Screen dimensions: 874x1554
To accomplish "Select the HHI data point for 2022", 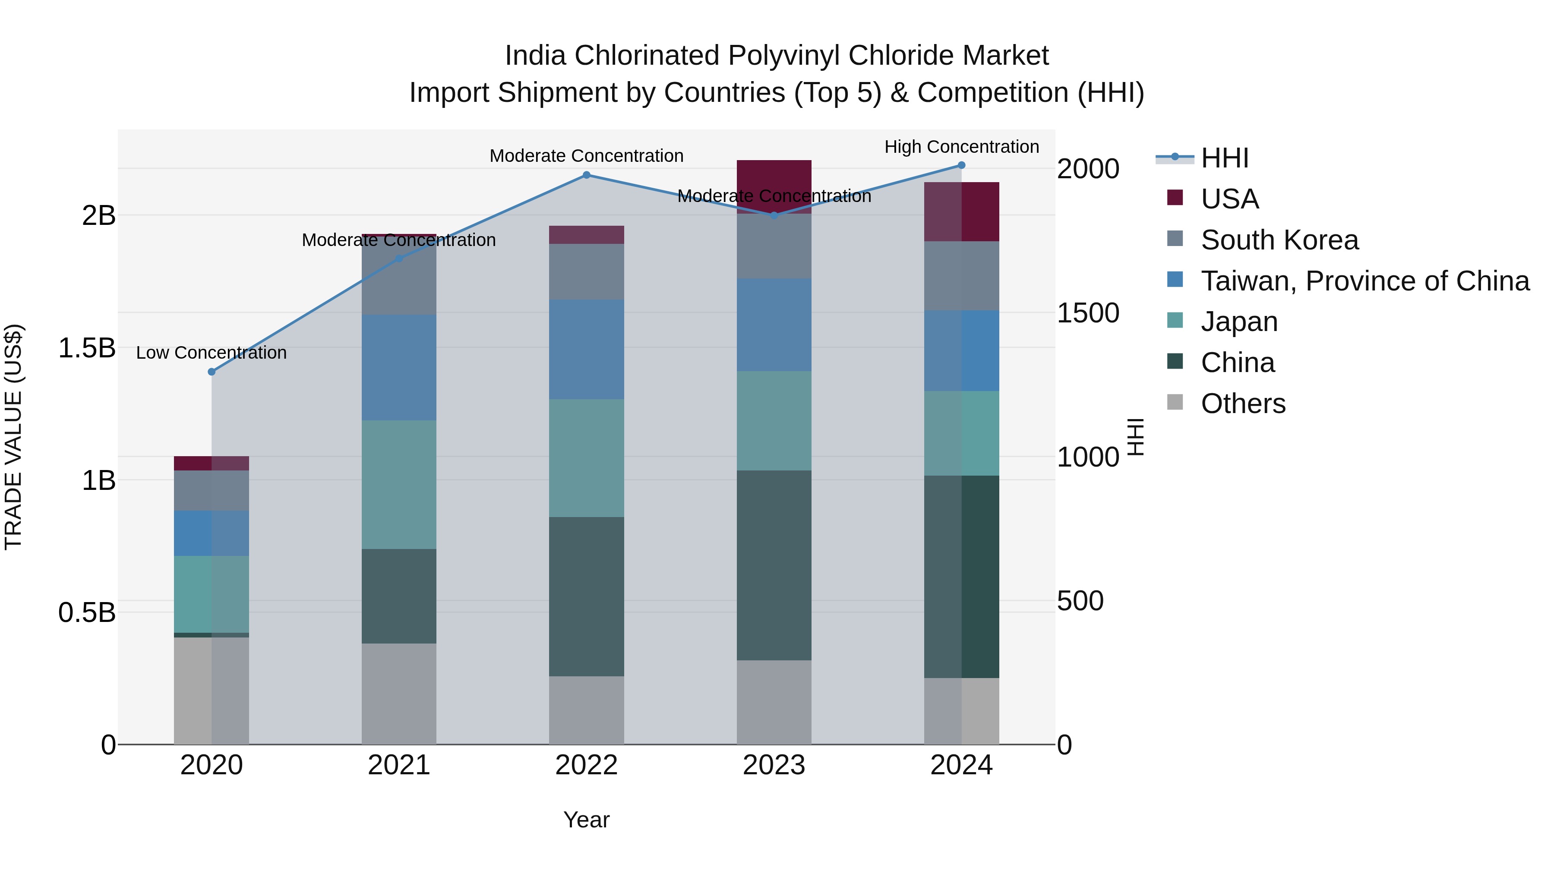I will click(x=586, y=175).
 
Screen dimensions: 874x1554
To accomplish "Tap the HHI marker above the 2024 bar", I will click(x=962, y=165).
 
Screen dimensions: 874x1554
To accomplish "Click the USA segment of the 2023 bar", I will click(x=774, y=184).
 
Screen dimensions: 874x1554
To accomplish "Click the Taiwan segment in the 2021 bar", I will click(x=399, y=367).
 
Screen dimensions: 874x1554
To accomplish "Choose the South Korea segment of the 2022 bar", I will click(x=586, y=271).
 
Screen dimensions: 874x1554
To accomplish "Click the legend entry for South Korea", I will click(x=1279, y=240).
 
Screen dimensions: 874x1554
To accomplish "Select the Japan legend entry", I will click(x=1238, y=322).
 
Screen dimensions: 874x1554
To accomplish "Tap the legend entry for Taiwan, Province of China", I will click(x=1364, y=281).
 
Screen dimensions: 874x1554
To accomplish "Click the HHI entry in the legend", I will click(x=1224, y=158).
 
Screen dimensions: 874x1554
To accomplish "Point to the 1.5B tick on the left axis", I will click(x=87, y=348).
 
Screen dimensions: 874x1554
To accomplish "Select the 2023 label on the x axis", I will click(x=774, y=765).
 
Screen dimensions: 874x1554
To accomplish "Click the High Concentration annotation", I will click(x=962, y=147).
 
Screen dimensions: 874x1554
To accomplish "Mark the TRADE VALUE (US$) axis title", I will click(x=13, y=437).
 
